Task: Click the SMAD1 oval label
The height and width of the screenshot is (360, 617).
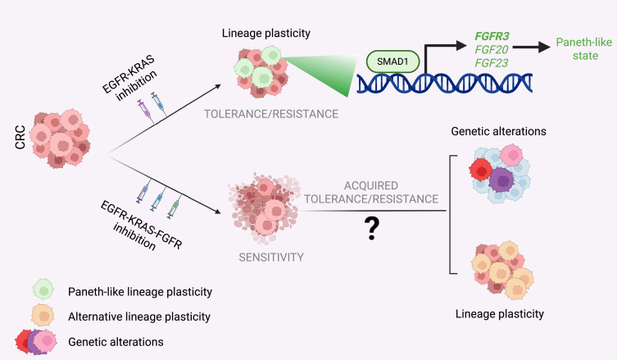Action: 389,61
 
